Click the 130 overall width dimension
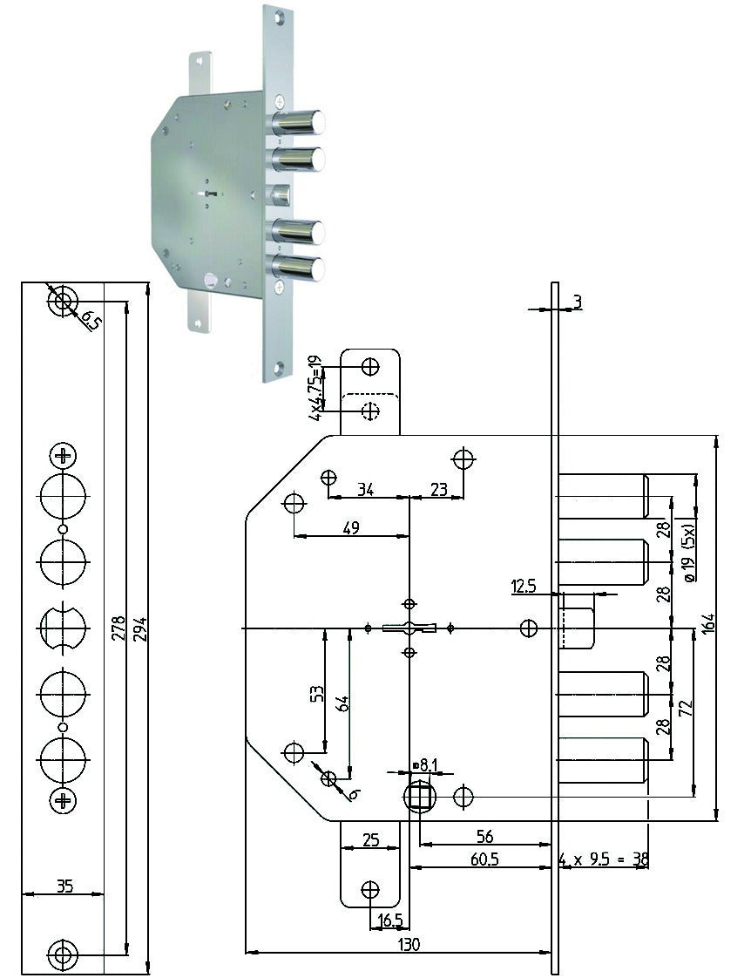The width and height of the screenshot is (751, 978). pyautogui.click(x=409, y=944)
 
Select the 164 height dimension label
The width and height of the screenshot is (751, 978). pyautogui.click(x=708, y=625)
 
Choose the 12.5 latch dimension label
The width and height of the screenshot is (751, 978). pyautogui.click(x=524, y=587)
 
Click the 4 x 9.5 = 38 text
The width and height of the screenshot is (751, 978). pyautogui.click(x=603, y=859)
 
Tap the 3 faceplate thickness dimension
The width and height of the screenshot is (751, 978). pyautogui.click(x=578, y=302)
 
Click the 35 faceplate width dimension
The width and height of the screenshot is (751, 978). pyautogui.click(x=64, y=885)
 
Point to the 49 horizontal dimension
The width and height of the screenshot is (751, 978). pyautogui.click(x=351, y=527)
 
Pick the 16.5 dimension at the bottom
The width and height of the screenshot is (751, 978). pyautogui.click(x=390, y=920)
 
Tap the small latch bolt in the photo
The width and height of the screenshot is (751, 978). pyautogui.click(x=281, y=194)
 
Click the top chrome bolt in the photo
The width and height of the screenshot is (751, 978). pyautogui.click(x=298, y=122)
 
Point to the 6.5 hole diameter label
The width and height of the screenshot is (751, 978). pyautogui.click(x=91, y=322)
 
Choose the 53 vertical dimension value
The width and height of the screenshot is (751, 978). pyautogui.click(x=316, y=694)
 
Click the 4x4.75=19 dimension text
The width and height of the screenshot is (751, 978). pyautogui.click(x=316, y=387)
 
